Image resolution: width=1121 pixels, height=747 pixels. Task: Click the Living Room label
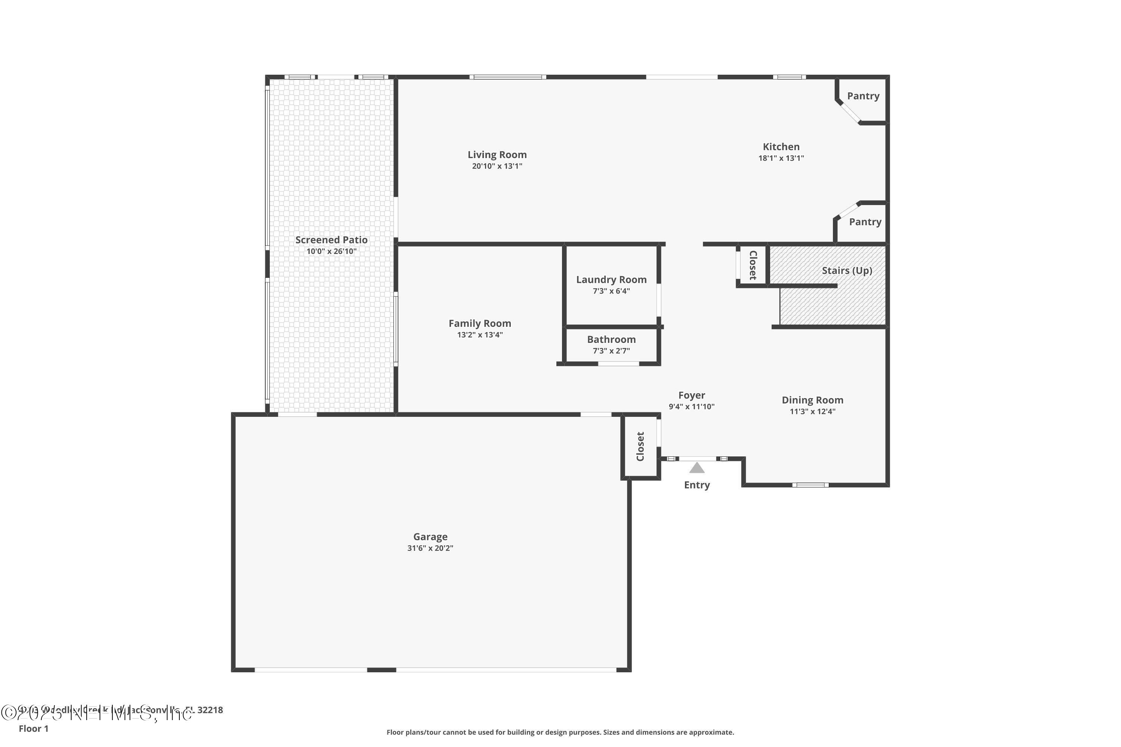[x=497, y=155]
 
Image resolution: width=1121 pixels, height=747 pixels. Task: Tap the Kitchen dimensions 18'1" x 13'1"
[x=781, y=158]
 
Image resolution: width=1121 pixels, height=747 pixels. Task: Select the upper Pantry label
[x=863, y=96]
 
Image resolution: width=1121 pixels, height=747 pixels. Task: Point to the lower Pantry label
[x=865, y=222]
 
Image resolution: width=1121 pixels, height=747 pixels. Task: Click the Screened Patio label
[x=331, y=240]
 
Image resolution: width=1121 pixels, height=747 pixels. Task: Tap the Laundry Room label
[x=611, y=280]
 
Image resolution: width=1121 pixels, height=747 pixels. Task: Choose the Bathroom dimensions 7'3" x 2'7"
[x=611, y=351]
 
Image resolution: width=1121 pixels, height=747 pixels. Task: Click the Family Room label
[x=479, y=323]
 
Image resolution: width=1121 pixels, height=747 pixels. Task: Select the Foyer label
[x=692, y=396]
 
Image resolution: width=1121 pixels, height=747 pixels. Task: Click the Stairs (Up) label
[x=847, y=270]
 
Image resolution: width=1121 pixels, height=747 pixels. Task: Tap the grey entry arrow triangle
[x=697, y=468]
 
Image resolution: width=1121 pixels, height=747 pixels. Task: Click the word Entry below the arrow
[x=697, y=485]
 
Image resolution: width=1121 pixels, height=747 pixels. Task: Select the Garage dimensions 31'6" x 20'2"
[x=430, y=548]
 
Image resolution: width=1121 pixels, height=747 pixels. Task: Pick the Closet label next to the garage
[x=640, y=446]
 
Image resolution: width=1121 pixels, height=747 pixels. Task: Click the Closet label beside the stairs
[x=753, y=265]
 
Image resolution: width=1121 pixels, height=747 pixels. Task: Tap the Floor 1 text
[x=33, y=728]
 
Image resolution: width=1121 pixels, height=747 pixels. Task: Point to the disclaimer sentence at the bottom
[x=560, y=732]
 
